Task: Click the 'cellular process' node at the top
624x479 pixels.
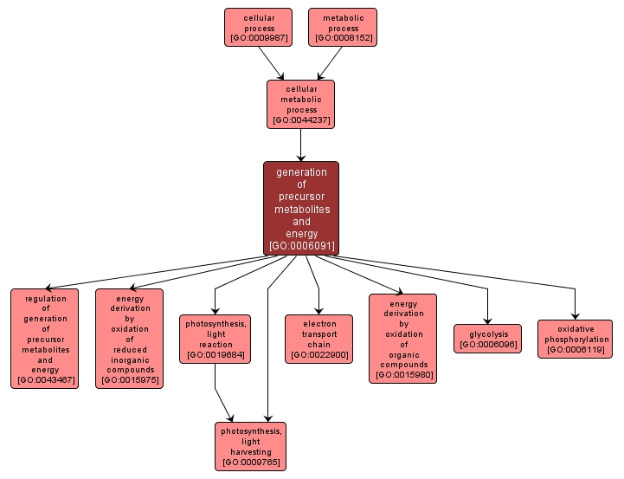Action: click(258, 27)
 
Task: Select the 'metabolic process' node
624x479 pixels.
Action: click(343, 27)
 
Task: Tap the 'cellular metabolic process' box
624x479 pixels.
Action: click(300, 104)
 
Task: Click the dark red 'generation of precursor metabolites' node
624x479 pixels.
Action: click(301, 208)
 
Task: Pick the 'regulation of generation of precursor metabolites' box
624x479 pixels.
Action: click(45, 338)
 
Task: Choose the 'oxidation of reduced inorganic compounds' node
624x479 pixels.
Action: click(129, 338)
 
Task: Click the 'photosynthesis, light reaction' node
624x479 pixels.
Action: click(215, 338)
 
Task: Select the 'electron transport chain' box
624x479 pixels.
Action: click(318, 338)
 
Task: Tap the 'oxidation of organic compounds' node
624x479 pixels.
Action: click(402, 338)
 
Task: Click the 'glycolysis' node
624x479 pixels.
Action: click(487, 338)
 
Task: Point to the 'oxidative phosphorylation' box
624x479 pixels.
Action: click(575, 339)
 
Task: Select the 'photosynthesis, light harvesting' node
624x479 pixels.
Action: click(250, 446)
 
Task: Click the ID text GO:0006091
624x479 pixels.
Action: click(301, 246)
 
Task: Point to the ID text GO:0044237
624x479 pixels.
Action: click(300, 120)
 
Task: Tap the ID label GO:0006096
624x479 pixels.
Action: click(487, 345)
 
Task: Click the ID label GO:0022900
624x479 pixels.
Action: click(318, 354)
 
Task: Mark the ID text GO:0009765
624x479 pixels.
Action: click(250, 463)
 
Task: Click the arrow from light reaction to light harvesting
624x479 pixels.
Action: click(223, 393)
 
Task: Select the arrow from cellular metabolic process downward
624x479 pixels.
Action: click(300, 145)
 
